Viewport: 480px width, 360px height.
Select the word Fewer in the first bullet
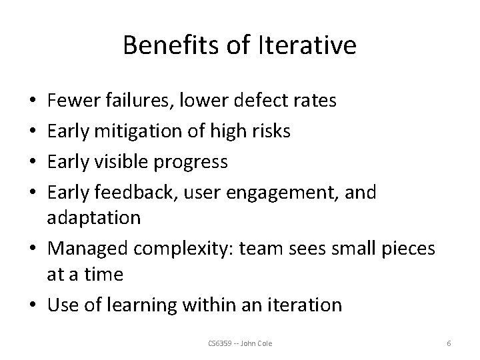tap(71, 101)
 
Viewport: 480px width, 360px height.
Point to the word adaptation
tap(93, 218)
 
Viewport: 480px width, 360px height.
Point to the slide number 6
tap(449, 343)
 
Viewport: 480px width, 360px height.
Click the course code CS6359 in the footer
tap(219, 343)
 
